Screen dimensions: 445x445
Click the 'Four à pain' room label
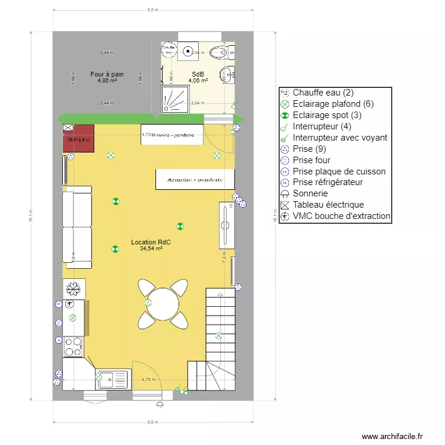click(x=107, y=74)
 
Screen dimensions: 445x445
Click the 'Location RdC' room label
click(x=151, y=243)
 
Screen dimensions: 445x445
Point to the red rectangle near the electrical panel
click(x=78, y=138)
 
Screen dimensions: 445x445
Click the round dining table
click(x=163, y=304)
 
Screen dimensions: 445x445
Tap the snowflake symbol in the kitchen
click(x=74, y=289)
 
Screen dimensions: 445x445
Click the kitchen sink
click(x=112, y=378)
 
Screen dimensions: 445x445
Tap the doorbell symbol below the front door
click(x=160, y=405)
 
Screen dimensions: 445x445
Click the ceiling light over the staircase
click(x=218, y=336)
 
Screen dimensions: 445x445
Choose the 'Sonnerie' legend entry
click(x=310, y=193)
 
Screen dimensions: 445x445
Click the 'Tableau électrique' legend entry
click(x=328, y=205)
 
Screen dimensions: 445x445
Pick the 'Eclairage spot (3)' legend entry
click(x=326, y=115)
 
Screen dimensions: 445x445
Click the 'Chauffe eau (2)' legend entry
click(x=323, y=93)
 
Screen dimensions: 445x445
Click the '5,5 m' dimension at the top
click(x=153, y=10)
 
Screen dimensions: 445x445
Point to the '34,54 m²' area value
click(x=151, y=249)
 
